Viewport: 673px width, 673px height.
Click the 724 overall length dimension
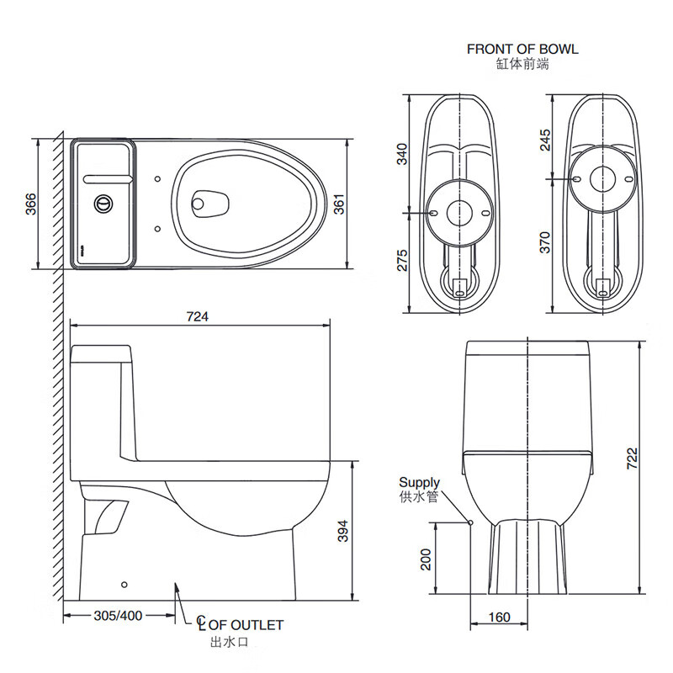198,316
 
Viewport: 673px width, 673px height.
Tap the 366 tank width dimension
30,204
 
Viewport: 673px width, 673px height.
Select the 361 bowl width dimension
339,204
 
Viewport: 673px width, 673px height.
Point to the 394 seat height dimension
342,531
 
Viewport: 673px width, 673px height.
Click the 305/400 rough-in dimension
118,616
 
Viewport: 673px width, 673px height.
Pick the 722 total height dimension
633,458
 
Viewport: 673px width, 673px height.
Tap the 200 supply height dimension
426,559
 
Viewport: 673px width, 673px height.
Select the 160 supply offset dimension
499,617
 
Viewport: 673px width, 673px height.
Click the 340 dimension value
402,154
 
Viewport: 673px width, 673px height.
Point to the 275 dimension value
402,260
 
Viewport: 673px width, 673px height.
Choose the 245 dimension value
544,140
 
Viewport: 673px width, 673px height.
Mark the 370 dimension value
544,242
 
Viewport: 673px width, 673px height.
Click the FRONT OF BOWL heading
522,49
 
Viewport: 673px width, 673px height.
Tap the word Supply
419,483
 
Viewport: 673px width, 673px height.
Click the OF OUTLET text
246,625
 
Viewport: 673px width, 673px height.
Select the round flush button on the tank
103,204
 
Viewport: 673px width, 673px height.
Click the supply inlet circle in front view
470,522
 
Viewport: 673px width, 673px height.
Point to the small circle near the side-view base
124,585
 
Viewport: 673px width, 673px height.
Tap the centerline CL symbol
201,623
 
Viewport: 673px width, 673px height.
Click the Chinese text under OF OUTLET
229,643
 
